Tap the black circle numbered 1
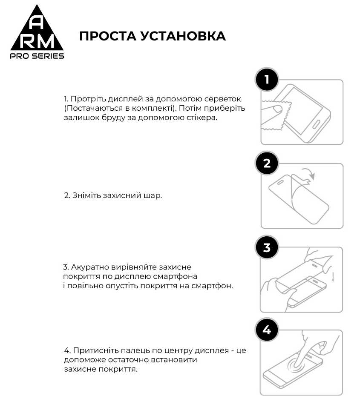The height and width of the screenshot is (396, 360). [x=267, y=80]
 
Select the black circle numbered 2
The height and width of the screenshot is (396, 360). [x=267, y=164]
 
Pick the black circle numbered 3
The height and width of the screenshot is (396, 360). [x=267, y=247]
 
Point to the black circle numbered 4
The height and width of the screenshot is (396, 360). [x=267, y=330]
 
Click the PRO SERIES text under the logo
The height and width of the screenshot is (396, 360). [x=37, y=56]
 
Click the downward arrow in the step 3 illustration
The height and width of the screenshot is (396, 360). [x=333, y=277]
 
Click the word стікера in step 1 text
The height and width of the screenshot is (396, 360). [x=202, y=118]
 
